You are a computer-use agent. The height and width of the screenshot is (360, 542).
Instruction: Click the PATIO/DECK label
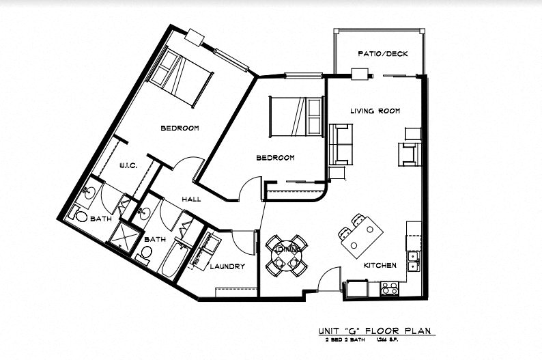(x=382, y=54)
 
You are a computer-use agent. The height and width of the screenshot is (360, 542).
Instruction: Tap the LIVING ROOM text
(x=375, y=111)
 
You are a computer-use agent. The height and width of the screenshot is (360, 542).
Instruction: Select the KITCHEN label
(x=380, y=265)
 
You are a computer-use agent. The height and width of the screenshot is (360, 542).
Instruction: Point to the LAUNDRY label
(x=227, y=266)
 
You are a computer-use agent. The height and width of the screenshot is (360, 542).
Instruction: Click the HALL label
(x=191, y=199)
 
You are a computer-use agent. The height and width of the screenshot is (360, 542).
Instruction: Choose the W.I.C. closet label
(x=130, y=165)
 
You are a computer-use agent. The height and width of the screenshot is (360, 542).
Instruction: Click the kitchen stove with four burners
(x=389, y=289)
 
